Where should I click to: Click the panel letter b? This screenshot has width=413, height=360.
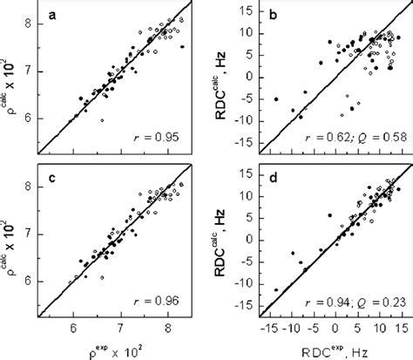coord(269,16)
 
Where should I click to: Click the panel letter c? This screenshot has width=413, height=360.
coord(54,170)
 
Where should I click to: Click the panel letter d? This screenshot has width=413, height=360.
coord(269,170)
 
